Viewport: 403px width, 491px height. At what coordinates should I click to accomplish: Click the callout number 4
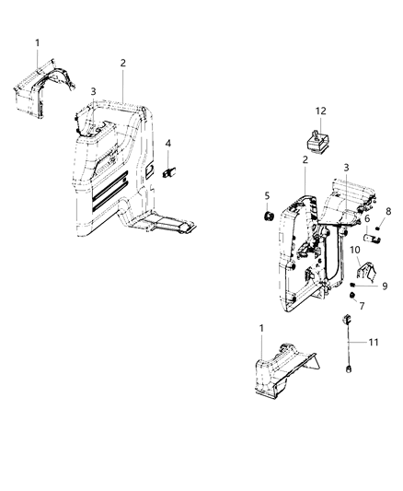[168, 144]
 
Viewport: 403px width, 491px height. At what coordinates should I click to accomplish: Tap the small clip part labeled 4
[168, 170]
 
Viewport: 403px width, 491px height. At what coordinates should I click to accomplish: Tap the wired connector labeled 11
[348, 319]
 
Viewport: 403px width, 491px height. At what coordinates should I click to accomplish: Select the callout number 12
[322, 112]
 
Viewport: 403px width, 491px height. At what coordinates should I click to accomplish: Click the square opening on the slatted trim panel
[146, 171]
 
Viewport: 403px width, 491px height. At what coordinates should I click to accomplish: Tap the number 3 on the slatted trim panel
[93, 91]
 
